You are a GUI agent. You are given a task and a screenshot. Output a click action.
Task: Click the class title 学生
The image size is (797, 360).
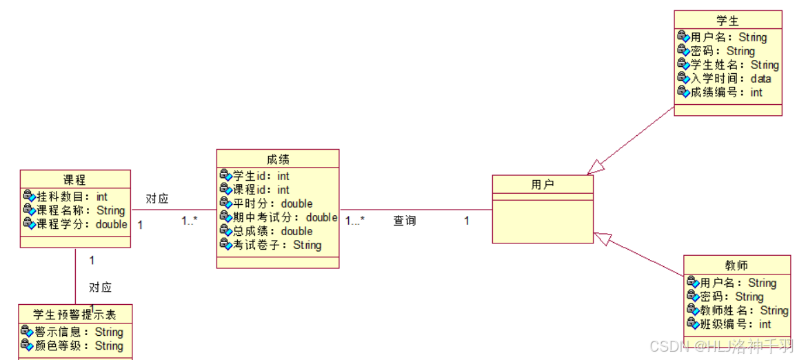click(727, 21)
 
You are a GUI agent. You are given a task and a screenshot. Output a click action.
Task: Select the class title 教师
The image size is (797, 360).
click(736, 266)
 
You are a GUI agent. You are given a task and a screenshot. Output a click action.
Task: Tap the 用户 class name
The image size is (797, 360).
click(543, 184)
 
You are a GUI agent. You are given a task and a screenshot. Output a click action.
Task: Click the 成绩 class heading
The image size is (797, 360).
click(278, 159)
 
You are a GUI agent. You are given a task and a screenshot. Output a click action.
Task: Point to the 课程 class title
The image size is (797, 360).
click(74, 180)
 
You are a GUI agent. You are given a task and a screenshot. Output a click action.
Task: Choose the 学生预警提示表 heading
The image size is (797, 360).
click(74, 315)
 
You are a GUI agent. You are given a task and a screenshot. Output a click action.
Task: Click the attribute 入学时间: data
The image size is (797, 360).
click(731, 79)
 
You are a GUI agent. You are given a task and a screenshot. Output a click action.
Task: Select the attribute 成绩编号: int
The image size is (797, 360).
click(727, 92)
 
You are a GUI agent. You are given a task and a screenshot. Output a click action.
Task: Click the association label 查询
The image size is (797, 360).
click(405, 221)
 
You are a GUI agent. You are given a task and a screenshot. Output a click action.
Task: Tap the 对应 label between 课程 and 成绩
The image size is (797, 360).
click(157, 199)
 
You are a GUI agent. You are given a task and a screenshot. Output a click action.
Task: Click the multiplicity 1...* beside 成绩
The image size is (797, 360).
click(355, 221)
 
